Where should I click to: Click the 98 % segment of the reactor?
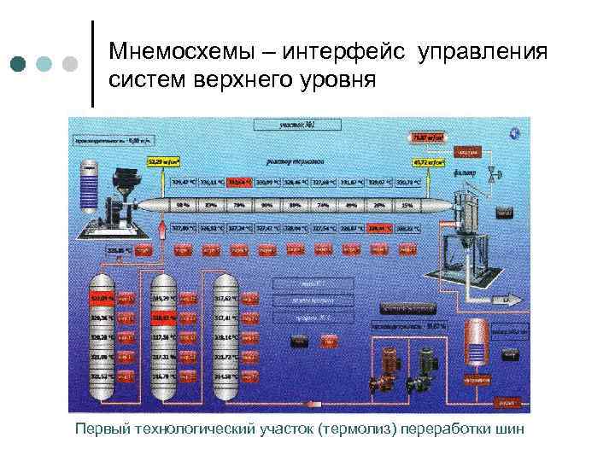tap(182, 205)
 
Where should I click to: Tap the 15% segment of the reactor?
tap(408, 205)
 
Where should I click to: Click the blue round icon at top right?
tap(515, 132)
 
